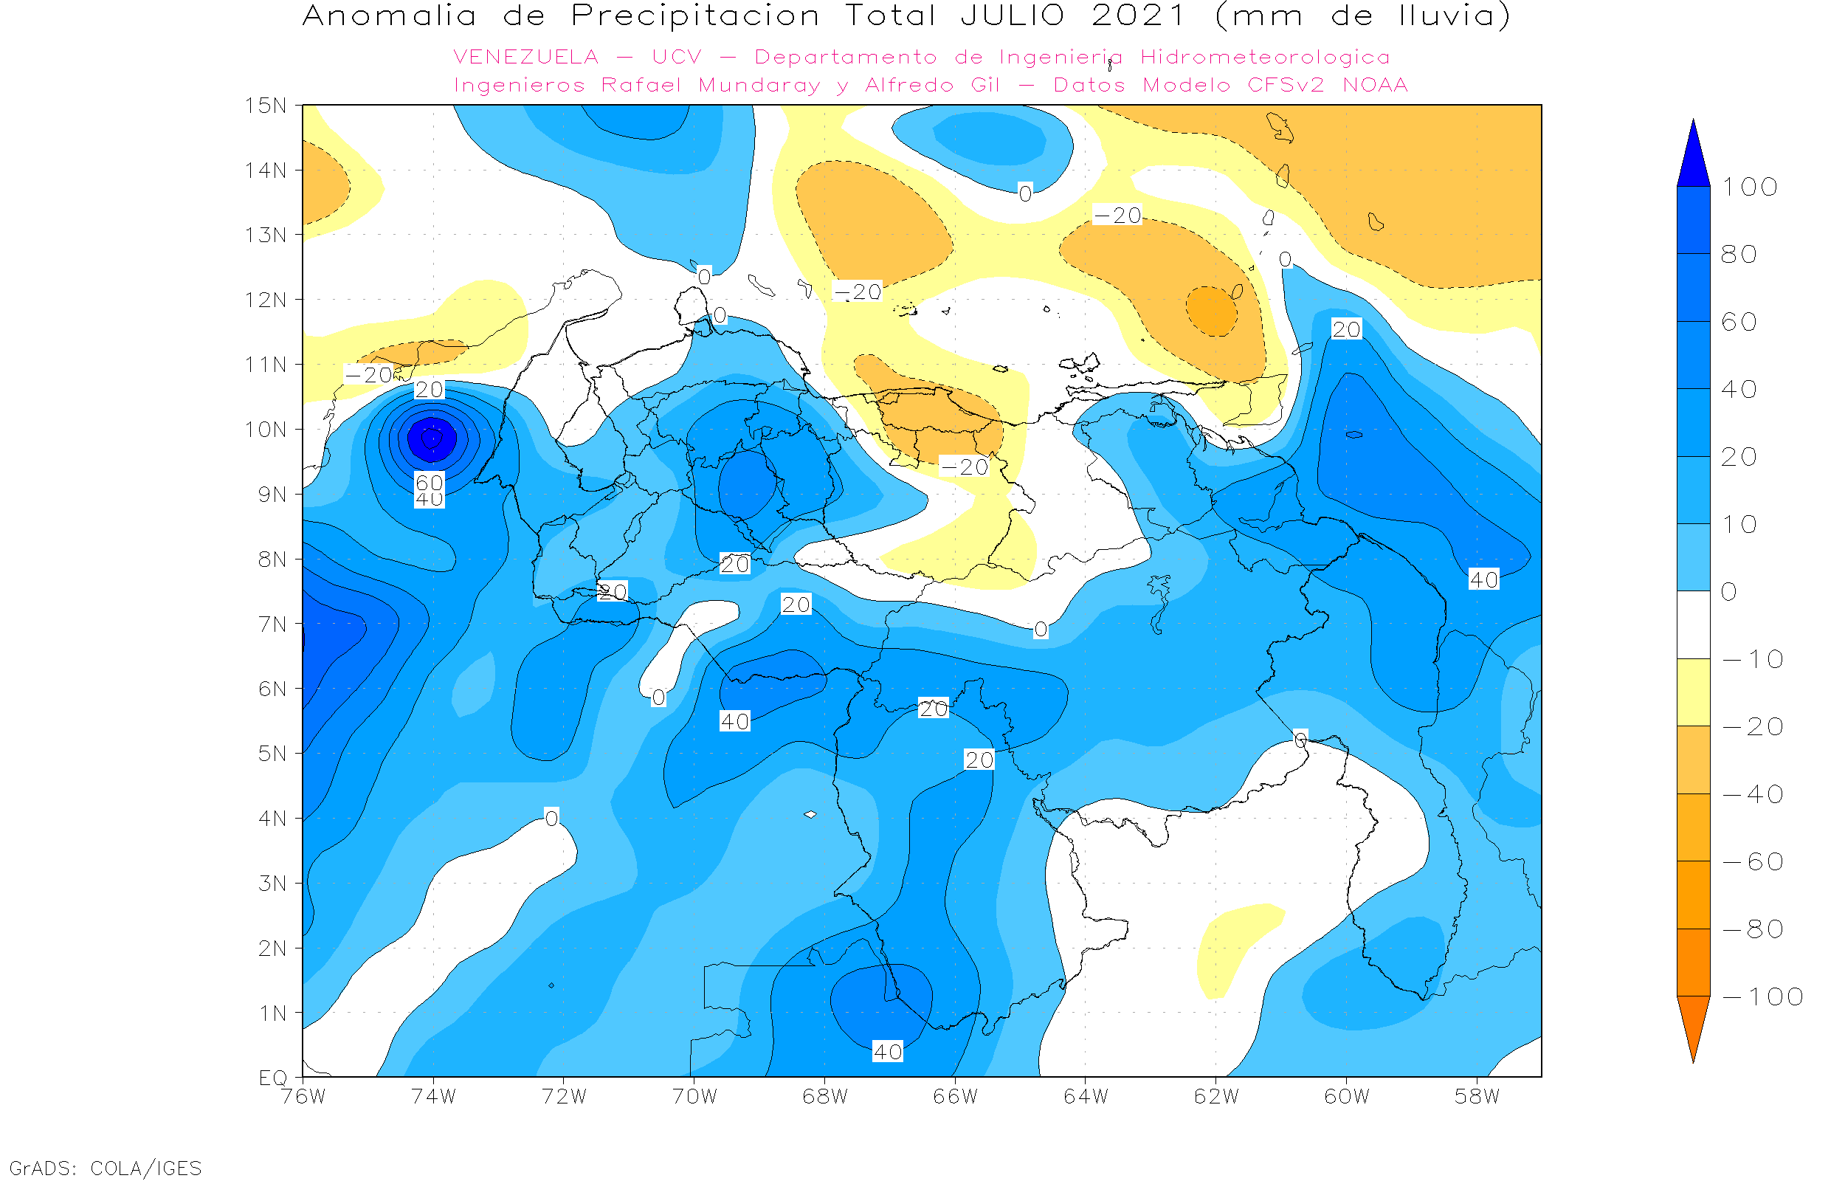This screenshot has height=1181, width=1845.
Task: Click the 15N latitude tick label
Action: [265, 106]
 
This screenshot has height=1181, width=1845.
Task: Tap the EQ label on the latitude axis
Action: [273, 1078]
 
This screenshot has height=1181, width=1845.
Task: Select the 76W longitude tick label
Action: [303, 1098]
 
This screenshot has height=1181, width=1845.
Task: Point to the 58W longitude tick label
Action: [1477, 1098]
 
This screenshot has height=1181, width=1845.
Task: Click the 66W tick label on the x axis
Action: [955, 1098]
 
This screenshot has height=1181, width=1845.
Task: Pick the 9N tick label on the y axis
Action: [273, 495]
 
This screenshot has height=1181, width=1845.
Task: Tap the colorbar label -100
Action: [1762, 997]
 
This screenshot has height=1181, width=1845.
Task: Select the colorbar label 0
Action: [1729, 592]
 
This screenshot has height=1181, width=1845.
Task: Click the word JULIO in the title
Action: [1013, 16]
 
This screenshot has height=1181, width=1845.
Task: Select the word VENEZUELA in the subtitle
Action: [526, 58]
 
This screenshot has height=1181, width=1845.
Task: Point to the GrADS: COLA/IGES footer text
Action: [105, 1168]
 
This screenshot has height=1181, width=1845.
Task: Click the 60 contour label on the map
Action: [430, 483]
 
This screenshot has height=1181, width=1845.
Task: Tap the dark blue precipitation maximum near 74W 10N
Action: [432, 438]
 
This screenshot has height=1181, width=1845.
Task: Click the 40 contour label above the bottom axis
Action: [888, 1052]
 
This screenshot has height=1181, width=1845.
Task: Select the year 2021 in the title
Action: [1138, 16]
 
